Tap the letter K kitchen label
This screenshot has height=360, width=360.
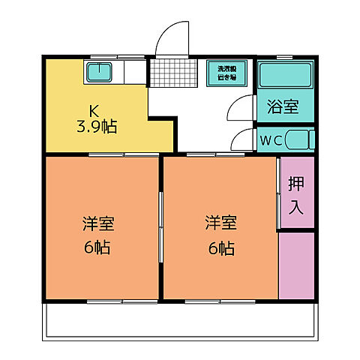coord(94,108)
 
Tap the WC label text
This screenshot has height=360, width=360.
coord(271,140)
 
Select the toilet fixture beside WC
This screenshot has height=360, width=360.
coord(300,140)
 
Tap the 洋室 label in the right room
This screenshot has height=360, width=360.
coord(220,223)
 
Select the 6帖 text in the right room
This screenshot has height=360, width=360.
coord(220,247)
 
